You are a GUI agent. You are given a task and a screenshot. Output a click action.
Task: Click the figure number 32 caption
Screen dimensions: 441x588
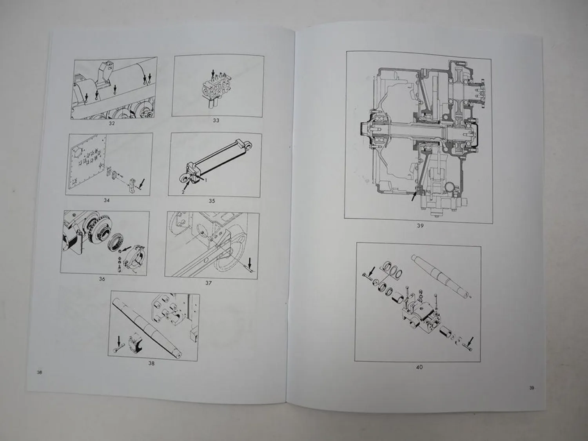112,123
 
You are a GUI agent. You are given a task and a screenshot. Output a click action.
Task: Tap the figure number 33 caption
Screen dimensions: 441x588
216,120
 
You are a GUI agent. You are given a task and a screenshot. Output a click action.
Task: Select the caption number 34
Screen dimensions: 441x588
107,200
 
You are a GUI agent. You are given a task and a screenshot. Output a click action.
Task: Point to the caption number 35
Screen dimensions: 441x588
212,201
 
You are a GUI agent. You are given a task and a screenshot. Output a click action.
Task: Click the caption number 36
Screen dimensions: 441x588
102,279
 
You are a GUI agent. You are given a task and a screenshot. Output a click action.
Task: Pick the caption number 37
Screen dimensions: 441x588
209,283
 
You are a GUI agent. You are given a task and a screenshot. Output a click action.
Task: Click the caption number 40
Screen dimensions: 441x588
419,367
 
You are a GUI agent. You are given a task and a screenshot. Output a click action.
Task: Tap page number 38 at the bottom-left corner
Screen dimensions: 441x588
39,372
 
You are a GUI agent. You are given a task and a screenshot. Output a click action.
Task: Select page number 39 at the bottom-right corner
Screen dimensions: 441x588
532,388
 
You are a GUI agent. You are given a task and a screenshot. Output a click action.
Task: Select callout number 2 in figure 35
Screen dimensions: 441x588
183,192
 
